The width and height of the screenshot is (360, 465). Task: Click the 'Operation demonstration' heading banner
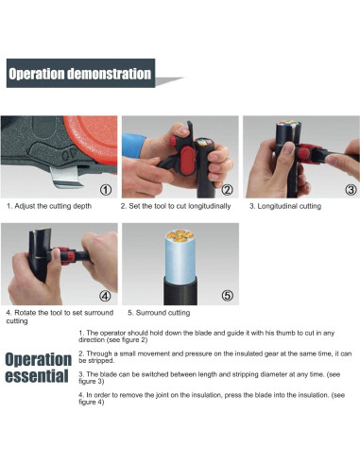click(x=80, y=73)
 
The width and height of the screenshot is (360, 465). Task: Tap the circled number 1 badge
click(x=106, y=190)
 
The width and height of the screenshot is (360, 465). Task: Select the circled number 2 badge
click(x=227, y=190)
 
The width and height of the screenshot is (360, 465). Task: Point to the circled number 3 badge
click(x=351, y=190)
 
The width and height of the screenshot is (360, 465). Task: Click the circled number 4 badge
click(x=105, y=296)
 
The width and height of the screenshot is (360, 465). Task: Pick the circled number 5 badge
click(x=228, y=296)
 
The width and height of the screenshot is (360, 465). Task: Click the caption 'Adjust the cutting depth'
click(x=53, y=206)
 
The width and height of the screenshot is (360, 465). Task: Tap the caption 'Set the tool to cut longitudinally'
click(x=180, y=206)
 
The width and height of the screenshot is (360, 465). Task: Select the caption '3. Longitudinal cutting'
click(x=285, y=206)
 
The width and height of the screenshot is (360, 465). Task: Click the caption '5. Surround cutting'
click(x=159, y=313)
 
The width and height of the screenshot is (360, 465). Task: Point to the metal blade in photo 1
click(x=65, y=178)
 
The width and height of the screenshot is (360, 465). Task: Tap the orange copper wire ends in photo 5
click(x=180, y=236)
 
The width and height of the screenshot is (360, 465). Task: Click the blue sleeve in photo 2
click(x=132, y=145)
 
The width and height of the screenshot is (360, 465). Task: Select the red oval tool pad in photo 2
click(x=188, y=162)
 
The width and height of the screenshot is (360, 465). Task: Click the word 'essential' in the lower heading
click(x=37, y=376)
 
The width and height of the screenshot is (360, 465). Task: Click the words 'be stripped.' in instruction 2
click(x=96, y=360)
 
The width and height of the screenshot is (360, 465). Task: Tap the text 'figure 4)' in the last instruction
click(x=92, y=402)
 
